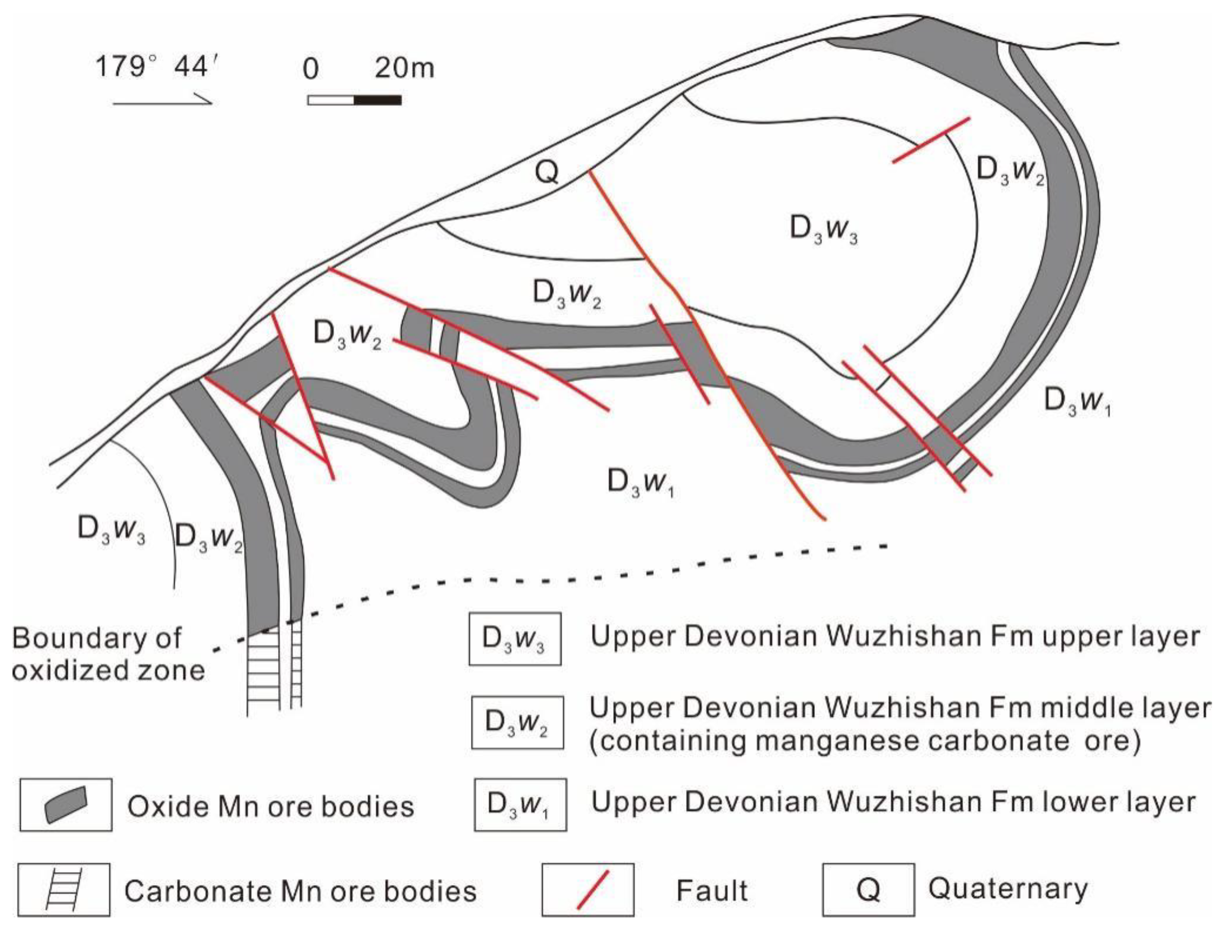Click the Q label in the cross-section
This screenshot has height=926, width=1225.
(547, 172)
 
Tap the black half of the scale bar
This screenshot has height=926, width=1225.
(377, 100)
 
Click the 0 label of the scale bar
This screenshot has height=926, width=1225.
(311, 70)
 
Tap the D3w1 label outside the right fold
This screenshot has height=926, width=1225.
(1077, 402)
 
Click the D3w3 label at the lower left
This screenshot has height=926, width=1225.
(111, 530)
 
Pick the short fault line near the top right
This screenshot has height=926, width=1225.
(931, 140)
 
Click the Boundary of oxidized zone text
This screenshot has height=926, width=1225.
(108, 655)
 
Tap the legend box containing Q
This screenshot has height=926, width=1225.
(868, 889)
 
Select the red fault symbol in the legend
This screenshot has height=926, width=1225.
(592, 889)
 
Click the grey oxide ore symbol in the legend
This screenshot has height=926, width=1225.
(66, 804)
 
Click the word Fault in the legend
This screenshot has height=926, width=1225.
(711, 891)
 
